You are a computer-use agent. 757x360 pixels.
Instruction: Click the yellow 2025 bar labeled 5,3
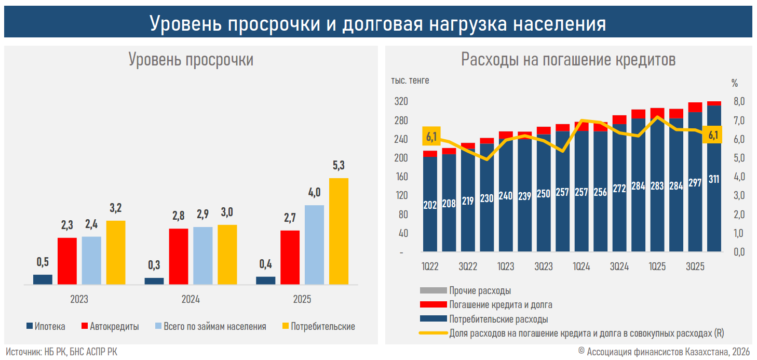[339, 231]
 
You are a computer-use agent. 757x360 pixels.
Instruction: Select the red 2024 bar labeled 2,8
[179, 256]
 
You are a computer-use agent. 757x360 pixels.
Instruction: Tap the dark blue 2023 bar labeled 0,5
[43, 279]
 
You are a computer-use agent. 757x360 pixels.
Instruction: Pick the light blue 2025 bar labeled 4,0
[314, 245]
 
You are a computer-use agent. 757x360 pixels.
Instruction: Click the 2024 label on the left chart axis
[191, 300]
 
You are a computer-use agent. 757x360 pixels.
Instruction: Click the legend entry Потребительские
[318, 327]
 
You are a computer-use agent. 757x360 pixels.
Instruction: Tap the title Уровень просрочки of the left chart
[191, 60]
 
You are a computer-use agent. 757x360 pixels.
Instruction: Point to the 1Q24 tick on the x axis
[582, 267]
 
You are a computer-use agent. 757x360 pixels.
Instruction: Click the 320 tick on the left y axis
[400, 101]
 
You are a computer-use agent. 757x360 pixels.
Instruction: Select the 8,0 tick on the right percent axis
[738, 101]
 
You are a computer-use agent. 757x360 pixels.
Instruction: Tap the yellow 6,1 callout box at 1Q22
[431, 137]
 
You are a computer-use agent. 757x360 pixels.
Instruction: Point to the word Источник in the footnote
[22, 352]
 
